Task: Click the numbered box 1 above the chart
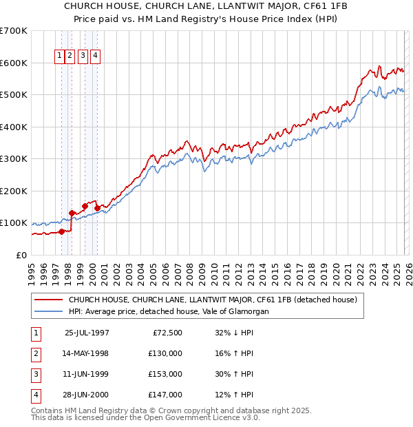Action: [x=60, y=56]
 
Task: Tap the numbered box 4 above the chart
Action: [x=95, y=56]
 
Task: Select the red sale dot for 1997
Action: [x=62, y=231]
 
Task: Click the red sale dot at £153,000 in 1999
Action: [x=85, y=206]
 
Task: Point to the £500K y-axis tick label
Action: [x=13, y=94]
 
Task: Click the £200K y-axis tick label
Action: [x=13, y=191]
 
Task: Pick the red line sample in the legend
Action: [x=48, y=300]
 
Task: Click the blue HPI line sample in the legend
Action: [x=48, y=311]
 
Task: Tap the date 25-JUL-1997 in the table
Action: [x=87, y=333]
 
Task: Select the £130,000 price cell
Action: [x=165, y=353]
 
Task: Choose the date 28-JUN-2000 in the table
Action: [x=87, y=395]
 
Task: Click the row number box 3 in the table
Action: [x=35, y=374]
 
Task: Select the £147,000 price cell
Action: [x=165, y=395]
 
